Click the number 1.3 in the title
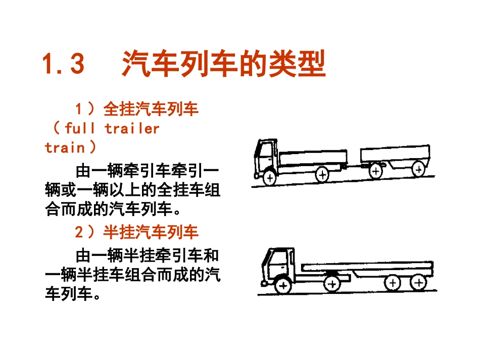[63, 65]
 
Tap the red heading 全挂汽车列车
[151, 109]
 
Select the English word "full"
[80, 128]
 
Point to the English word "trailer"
[132, 128]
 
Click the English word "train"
[65, 147]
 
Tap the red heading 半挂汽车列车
[151, 232]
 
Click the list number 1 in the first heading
[79, 109]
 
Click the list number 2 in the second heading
[79, 232]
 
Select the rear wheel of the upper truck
[322, 175]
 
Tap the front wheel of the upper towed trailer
[375, 171]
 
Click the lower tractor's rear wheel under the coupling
[331, 284]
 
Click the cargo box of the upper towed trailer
[395, 153]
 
